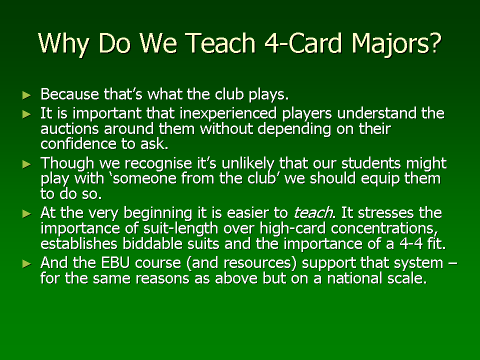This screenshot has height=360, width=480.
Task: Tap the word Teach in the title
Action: tap(220, 43)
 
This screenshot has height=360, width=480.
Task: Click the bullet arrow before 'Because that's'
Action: tap(27, 95)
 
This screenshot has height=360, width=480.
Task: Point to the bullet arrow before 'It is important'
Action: tap(27, 114)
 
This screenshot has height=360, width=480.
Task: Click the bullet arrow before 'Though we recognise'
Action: tap(27, 164)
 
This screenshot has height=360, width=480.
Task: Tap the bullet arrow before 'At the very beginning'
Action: tap(27, 214)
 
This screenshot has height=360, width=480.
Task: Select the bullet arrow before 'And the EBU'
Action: tap(27, 264)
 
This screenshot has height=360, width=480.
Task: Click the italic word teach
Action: tap(313, 213)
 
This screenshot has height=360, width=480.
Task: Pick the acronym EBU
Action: tap(115, 263)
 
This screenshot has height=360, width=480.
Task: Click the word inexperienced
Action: tap(228, 114)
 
